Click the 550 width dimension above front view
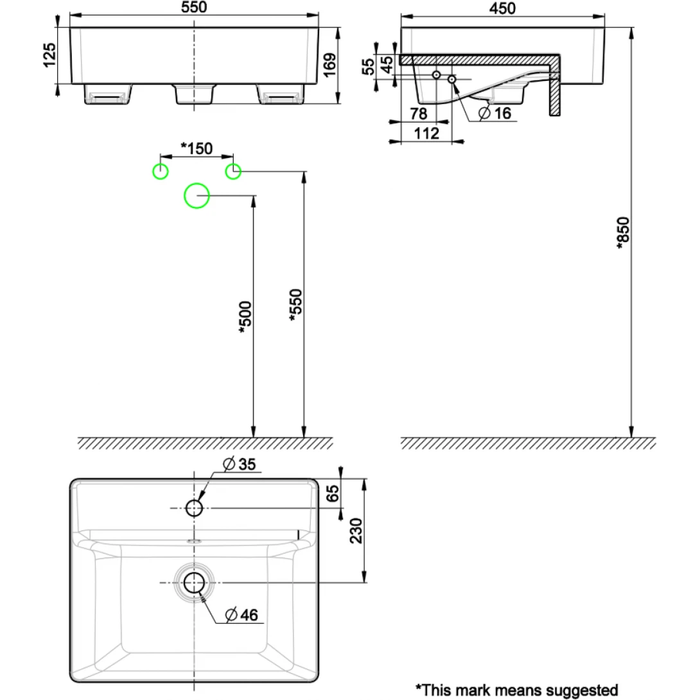pyautogui.click(x=194, y=8)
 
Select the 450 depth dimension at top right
pyautogui.click(x=503, y=8)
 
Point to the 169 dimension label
pyautogui.click(x=328, y=66)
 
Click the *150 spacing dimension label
pyautogui.click(x=196, y=148)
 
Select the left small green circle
pyautogui.click(x=159, y=171)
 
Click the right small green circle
pyautogui.click(x=233, y=171)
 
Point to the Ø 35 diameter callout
pyautogui.click(x=239, y=464)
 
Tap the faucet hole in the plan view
pyautogui.click(x=194, y=509)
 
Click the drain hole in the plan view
pyautogui.click(x=194, y=583)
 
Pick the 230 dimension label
pyautogui.click(x=358, y=531)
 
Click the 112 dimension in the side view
pyautogui.click(x=426, y=134)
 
